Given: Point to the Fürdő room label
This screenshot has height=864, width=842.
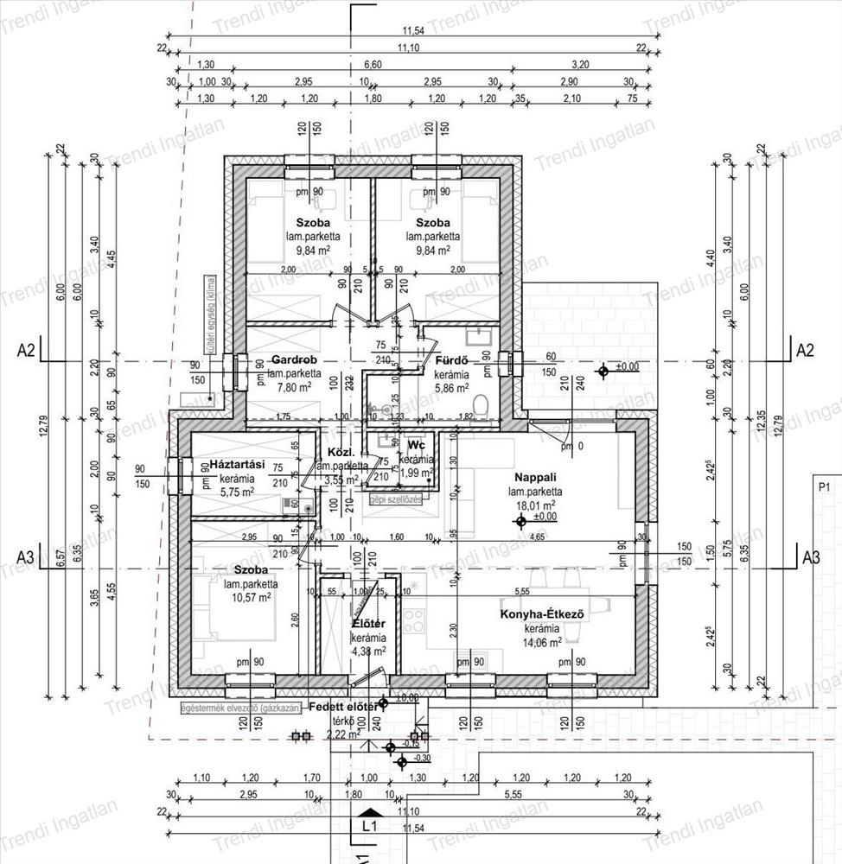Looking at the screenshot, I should (451, 361).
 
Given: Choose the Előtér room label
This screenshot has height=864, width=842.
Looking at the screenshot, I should (368, 624).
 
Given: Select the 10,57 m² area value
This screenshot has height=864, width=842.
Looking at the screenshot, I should (248, 597).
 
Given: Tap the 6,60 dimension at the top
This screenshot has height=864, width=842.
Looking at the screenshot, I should (372, 64).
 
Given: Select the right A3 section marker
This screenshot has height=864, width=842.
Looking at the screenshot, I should (810, 556).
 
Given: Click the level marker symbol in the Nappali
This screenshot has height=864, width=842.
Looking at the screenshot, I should (520, 521).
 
